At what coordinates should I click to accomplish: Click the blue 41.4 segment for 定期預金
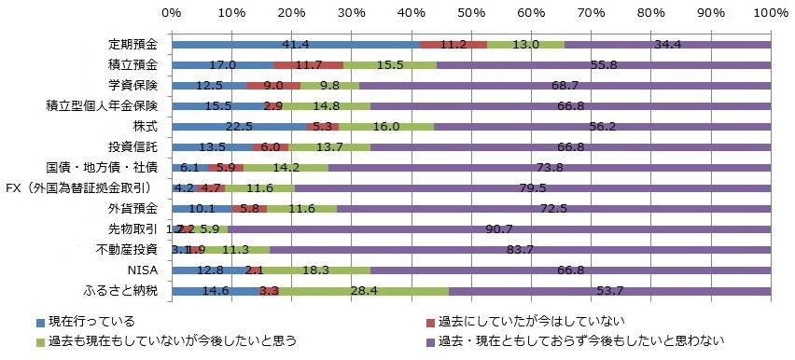tap(296, 45)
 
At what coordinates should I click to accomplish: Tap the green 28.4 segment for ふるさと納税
tap(363, 291)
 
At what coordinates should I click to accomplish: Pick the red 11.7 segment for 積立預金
tap(308, 65)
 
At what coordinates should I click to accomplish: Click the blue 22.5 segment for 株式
tap(239, 126)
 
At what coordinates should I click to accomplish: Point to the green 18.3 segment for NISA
tap(315, 270)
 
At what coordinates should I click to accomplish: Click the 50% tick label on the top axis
tap(471, 13)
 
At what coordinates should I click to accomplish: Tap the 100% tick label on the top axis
tap(770, 13)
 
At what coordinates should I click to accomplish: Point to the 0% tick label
tap(172, 13)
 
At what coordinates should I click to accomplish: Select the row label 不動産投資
tap(127, 250)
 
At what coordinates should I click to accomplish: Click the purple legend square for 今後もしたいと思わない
tap(431, 342)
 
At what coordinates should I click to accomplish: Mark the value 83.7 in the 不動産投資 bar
tap(543, 250)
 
